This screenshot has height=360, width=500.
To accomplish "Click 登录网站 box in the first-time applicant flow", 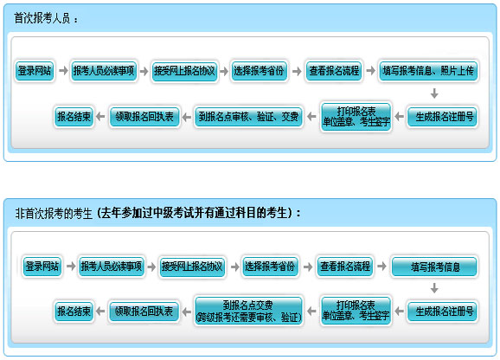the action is [x=35, y=71].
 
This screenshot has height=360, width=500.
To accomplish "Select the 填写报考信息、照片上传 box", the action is [x=428, y=71].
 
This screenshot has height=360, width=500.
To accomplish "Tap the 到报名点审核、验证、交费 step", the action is [x=248, y=117].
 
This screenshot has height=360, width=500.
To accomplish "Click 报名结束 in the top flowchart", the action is [x=74, y=117].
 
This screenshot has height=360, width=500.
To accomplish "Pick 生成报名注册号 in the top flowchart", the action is [x=443, y=117].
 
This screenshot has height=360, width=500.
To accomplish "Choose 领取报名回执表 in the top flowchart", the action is [x=144, y=117].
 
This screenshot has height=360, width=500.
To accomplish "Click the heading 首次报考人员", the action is [x=42, y=18].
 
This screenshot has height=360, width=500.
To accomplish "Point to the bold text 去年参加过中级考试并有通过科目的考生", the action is [x=194, y=213].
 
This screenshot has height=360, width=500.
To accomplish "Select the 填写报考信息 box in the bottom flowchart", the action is [x=434, y=267].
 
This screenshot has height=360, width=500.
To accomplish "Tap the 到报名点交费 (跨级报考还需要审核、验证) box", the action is [x=248, y=312].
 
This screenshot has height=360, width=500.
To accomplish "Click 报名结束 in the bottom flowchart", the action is [x=74, y=312].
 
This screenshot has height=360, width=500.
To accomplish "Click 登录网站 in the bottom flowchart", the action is [x=42, y=267].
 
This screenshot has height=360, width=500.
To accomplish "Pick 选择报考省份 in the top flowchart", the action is [x=259, y=71].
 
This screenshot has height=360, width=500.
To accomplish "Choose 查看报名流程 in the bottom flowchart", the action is [x=345, y=267].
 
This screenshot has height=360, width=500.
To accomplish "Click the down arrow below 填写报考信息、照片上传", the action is [x=434, y=93].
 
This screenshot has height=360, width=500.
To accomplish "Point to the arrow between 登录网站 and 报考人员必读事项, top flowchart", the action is [x=63, y=70].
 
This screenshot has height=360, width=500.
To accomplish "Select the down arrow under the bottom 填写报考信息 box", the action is [x=434, y=288].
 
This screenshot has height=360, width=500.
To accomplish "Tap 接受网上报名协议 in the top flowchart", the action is [x=184, y=71].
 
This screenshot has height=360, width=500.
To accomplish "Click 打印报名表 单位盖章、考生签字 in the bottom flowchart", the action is [x=356, y=311].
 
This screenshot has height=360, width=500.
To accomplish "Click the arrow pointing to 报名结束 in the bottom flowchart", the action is [x=100, y=311].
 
